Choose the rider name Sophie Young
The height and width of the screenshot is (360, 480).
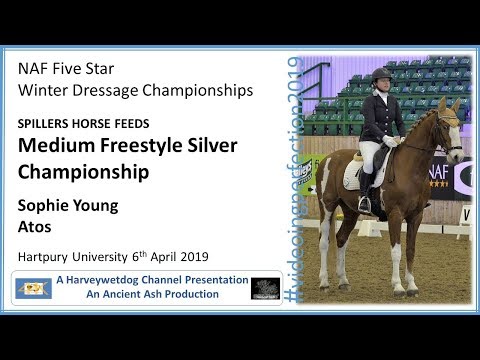point(67,206)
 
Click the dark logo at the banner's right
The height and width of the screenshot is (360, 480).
point(265,288)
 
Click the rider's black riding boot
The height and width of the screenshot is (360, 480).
point(366,190)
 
